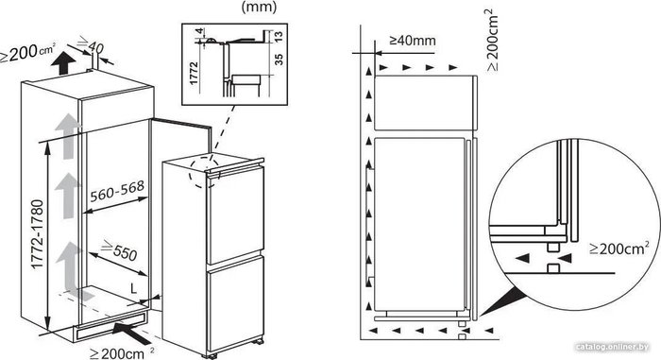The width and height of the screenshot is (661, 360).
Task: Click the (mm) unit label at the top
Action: click(x=259, y=7)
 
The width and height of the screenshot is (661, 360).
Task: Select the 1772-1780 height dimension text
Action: click(x=38, y=233)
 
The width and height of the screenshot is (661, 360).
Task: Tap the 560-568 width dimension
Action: click(x=117, y=191)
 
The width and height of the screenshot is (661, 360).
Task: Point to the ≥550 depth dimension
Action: click(x=119, y=249)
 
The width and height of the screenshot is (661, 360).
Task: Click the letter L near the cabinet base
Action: click(x=134, y=289)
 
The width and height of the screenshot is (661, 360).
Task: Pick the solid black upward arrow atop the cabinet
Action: click(x=63, y=63)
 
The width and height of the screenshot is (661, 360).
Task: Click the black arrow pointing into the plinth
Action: click(x=133, y=333)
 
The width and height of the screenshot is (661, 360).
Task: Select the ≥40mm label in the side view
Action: click(x=413, y=41)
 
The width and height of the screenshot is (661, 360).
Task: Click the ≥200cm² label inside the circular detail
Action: click(x=619, y=248)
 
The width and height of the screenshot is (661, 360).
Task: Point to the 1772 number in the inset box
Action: click(x=194, y=73)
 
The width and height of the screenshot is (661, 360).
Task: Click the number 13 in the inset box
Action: click(x=279, y=37)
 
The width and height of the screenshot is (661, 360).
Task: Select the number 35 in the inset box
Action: click(x=279, y=59)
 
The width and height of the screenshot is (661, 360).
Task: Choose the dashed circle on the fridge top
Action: click(x=205, y=173)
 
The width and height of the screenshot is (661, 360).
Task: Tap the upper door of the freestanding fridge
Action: click(x=235, y=215)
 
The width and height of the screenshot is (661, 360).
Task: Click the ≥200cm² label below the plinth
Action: click(x=122, y=352)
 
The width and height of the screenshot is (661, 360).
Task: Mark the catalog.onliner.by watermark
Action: click(x=612, y=347)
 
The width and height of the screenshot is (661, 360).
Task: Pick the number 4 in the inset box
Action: click(x=200, y=31)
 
